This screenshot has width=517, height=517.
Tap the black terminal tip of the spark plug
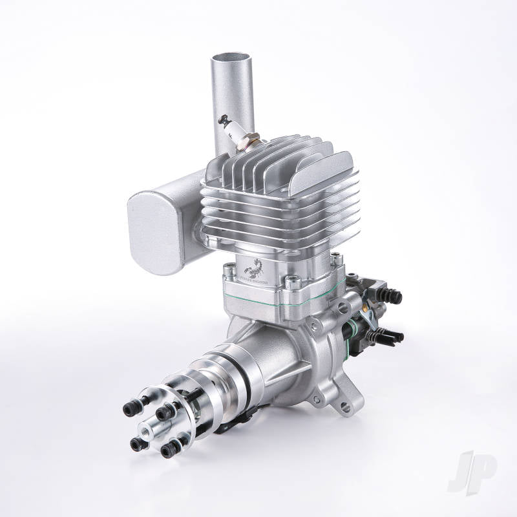coord(224,119)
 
